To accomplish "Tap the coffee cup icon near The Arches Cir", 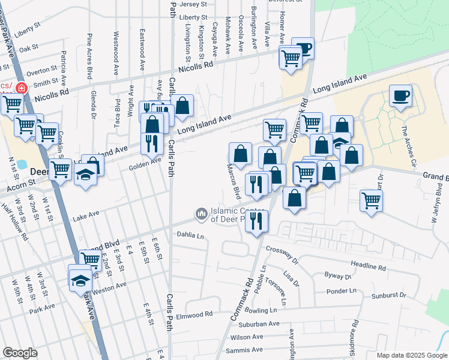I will (x=401, y=96).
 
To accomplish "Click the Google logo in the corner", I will (x=20, y=353).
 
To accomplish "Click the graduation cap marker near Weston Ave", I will (x=79, y=281).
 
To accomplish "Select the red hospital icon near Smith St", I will (x=21, y=88).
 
